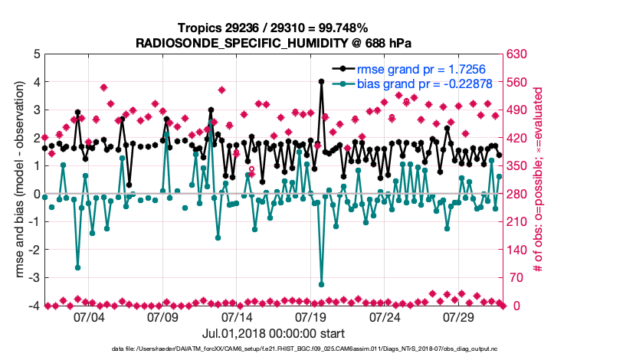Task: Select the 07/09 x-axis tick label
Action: point(162,316)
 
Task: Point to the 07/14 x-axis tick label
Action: point(237,316)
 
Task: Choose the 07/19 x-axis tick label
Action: point(311,316)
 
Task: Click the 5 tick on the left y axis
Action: point(36,54)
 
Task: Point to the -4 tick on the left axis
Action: point(34,306)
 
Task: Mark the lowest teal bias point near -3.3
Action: point(321,284)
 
